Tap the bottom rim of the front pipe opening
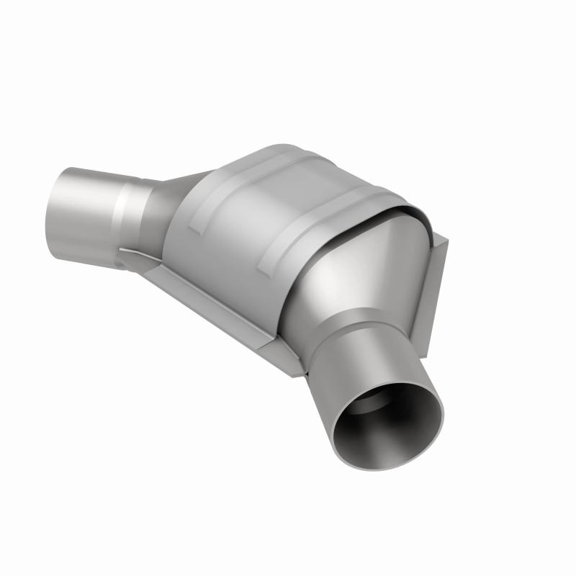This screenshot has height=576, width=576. [392, 468]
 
